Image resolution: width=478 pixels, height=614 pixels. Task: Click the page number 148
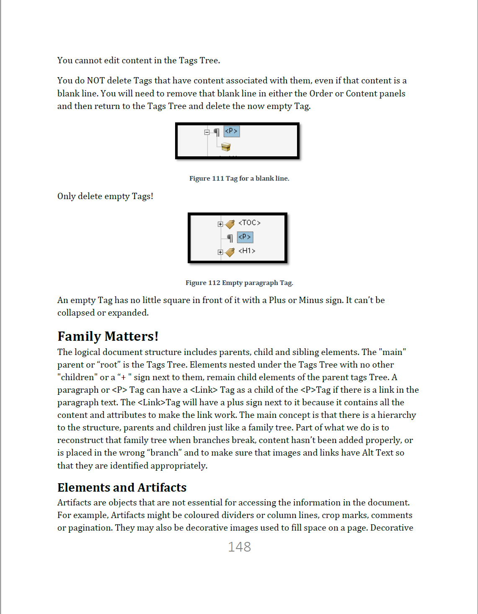pyautogui.click(x=239, y=547)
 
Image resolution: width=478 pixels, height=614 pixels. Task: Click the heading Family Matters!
pyautogui.click(x=108, y=336)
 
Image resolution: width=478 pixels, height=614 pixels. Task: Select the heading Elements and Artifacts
pyautogui.click(x=121, y=487)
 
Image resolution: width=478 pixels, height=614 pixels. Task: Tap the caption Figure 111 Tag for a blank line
pyautogui.click(x=239, y=178)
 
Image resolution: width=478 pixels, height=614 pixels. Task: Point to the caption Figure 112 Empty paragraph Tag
pyautogui.click(x=239, y=283)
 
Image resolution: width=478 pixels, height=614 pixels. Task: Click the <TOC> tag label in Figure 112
pyautogui.click(x=249, y=223)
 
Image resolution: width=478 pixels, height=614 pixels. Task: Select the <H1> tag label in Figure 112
pyautogui.click(x=247, y=251)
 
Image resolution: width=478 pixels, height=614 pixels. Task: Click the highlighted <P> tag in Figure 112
pyautogui.click(x=245, y=237)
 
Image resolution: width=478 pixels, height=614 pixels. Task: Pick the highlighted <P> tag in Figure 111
pyautogui.click(x=231, y=131)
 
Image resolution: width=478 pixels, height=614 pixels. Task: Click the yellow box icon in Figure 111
pyautogui.click(x=226, y=147)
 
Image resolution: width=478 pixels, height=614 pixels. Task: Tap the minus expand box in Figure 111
pyautogui.click(x=207, y=132)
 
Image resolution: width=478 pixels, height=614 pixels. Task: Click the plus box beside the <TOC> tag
pyautogui.click(x=220, y=224)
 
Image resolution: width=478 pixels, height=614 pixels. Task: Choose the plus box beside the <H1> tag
pyautogui.click(x=220, y=252)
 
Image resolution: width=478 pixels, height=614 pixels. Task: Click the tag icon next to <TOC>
pyautogui.click(x=230, y=224)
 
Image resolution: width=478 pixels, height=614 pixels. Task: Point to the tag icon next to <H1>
pyautogui.click(x=230, y=252)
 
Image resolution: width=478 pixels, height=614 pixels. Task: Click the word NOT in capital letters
pyautogui.click(x=96, y=80)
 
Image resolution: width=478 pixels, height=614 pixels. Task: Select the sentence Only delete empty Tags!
pyautogui.click(x=105, y=196)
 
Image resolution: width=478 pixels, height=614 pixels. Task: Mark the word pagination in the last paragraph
pyautogui.click(x=90, y=528)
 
